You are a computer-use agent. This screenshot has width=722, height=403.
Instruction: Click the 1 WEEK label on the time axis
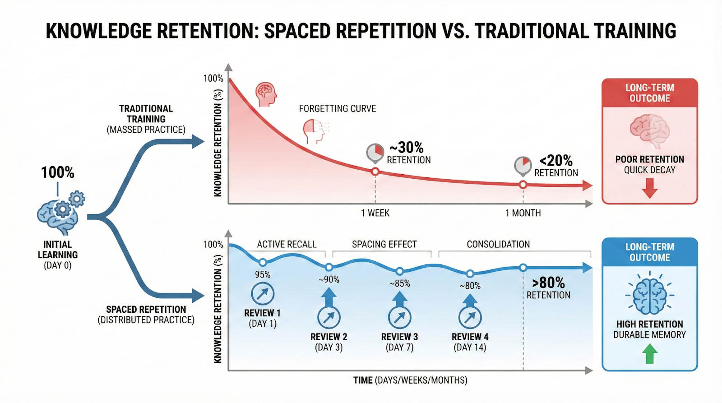(x=375, y=213)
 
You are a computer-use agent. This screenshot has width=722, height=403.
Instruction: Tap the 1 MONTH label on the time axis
(x=523, y=213)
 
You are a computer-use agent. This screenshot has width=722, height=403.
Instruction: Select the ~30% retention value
(x=406, y=148)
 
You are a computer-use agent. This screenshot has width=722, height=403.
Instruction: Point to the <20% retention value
(x=556, y=161)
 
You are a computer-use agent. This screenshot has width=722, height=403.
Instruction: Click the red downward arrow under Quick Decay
(x=649, y=188)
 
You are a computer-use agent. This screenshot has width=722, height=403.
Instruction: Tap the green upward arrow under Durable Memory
(x=649, y=353)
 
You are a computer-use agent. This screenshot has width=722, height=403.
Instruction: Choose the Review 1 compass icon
(x=263, y=294)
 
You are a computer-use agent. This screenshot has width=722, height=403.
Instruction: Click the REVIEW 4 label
(x=470, y=337)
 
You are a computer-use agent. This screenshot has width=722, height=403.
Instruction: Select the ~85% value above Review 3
(x=400, y=283)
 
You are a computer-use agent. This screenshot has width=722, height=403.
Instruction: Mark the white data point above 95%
(x=263, y=262)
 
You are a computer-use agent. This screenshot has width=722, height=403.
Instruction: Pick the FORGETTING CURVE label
(x=337, y=109)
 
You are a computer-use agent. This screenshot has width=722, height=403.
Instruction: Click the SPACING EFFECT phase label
(x=384, y=244)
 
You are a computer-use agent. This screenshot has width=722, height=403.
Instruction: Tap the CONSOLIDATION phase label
(x=498, y=244)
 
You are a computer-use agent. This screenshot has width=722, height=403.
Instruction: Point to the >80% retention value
(x=548, y=283)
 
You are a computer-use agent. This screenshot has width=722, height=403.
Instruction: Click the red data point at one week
(x=375, y=171)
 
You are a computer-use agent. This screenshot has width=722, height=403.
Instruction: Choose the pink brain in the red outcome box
(x=649, y=130)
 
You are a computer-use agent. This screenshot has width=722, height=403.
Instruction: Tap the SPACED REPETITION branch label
(x=146, y=310)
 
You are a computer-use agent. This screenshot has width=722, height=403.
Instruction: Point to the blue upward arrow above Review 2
(x=329, y=296)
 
